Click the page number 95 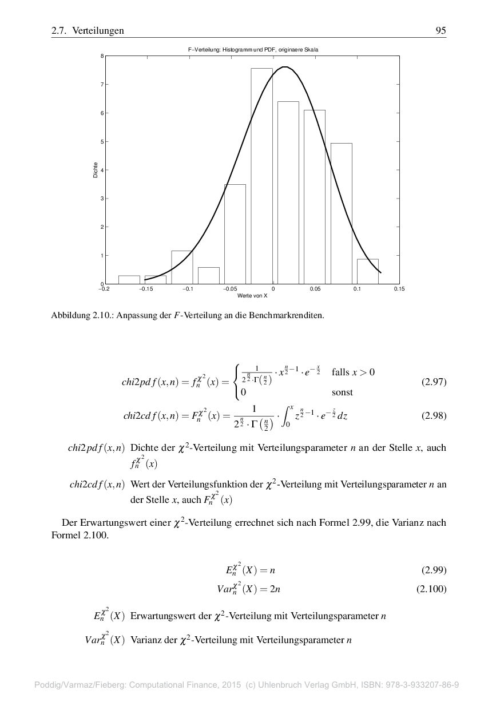tap(441, 31)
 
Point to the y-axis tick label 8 tap(102, 56)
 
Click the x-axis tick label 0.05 tap(315, 289)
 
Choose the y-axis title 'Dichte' tap(96, 170)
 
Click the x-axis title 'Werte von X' tap(252, 296)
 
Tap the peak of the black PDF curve tap(284, 68)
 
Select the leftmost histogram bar tap(129, 280)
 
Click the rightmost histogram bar tap(367, 271)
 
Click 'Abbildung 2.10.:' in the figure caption tap(82, 315)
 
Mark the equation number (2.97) tap(433, 382)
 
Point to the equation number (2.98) tap(433, 416)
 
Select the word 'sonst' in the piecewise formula tap(342, 392)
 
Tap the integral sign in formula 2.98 tap(288, 416)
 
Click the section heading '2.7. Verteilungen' tap(88, 31)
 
